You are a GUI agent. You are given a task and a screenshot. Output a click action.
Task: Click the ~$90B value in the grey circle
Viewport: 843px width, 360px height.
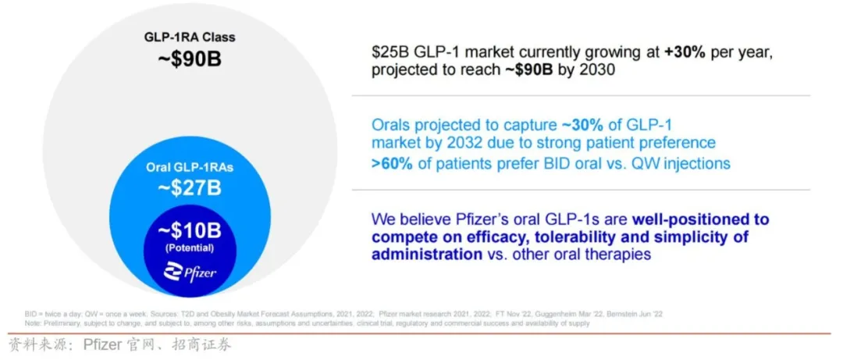[189, 59]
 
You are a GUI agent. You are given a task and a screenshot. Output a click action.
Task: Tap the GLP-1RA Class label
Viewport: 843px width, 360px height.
[189, 37]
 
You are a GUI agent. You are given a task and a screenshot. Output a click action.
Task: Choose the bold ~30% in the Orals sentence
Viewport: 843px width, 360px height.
[578, 125]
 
